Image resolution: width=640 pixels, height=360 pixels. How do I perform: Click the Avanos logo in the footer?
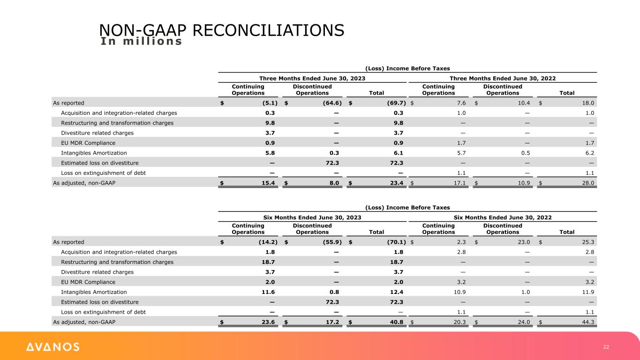click(53, 347)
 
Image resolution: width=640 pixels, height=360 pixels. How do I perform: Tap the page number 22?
click(606, 347)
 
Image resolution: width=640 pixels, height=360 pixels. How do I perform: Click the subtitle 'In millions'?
click(141, 41)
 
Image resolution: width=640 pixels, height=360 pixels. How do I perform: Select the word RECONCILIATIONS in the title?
click(268, 30)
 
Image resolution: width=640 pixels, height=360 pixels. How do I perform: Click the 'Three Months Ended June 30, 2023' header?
click(312, 78)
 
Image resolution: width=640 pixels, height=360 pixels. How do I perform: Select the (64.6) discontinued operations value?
click(329, 102)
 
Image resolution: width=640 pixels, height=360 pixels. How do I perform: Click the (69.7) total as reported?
click(393, 102)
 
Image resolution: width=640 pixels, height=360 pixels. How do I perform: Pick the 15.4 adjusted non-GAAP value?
click(269, 183)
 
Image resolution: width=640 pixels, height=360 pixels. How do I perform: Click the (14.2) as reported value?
click(267, 242)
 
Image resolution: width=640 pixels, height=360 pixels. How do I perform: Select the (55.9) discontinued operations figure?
click(329, 242)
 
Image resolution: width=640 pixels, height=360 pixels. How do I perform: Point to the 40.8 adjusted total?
click(396, 322)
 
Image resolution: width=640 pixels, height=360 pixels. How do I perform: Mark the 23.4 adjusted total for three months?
click(396, 183)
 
